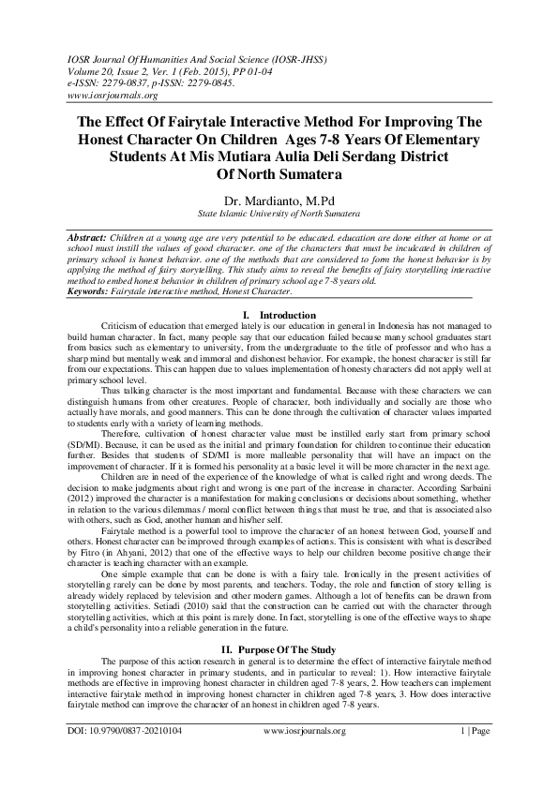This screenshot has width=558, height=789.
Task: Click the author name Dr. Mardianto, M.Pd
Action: [x=279, y=200]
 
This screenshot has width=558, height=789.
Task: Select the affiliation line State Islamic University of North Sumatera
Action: [x=279, y=215]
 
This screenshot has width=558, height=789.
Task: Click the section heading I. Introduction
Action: [x=279, y=315]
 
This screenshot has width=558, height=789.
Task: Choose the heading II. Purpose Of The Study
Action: [x=279, y=648]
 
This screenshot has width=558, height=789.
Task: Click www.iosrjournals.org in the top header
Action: [x=113, y=95]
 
